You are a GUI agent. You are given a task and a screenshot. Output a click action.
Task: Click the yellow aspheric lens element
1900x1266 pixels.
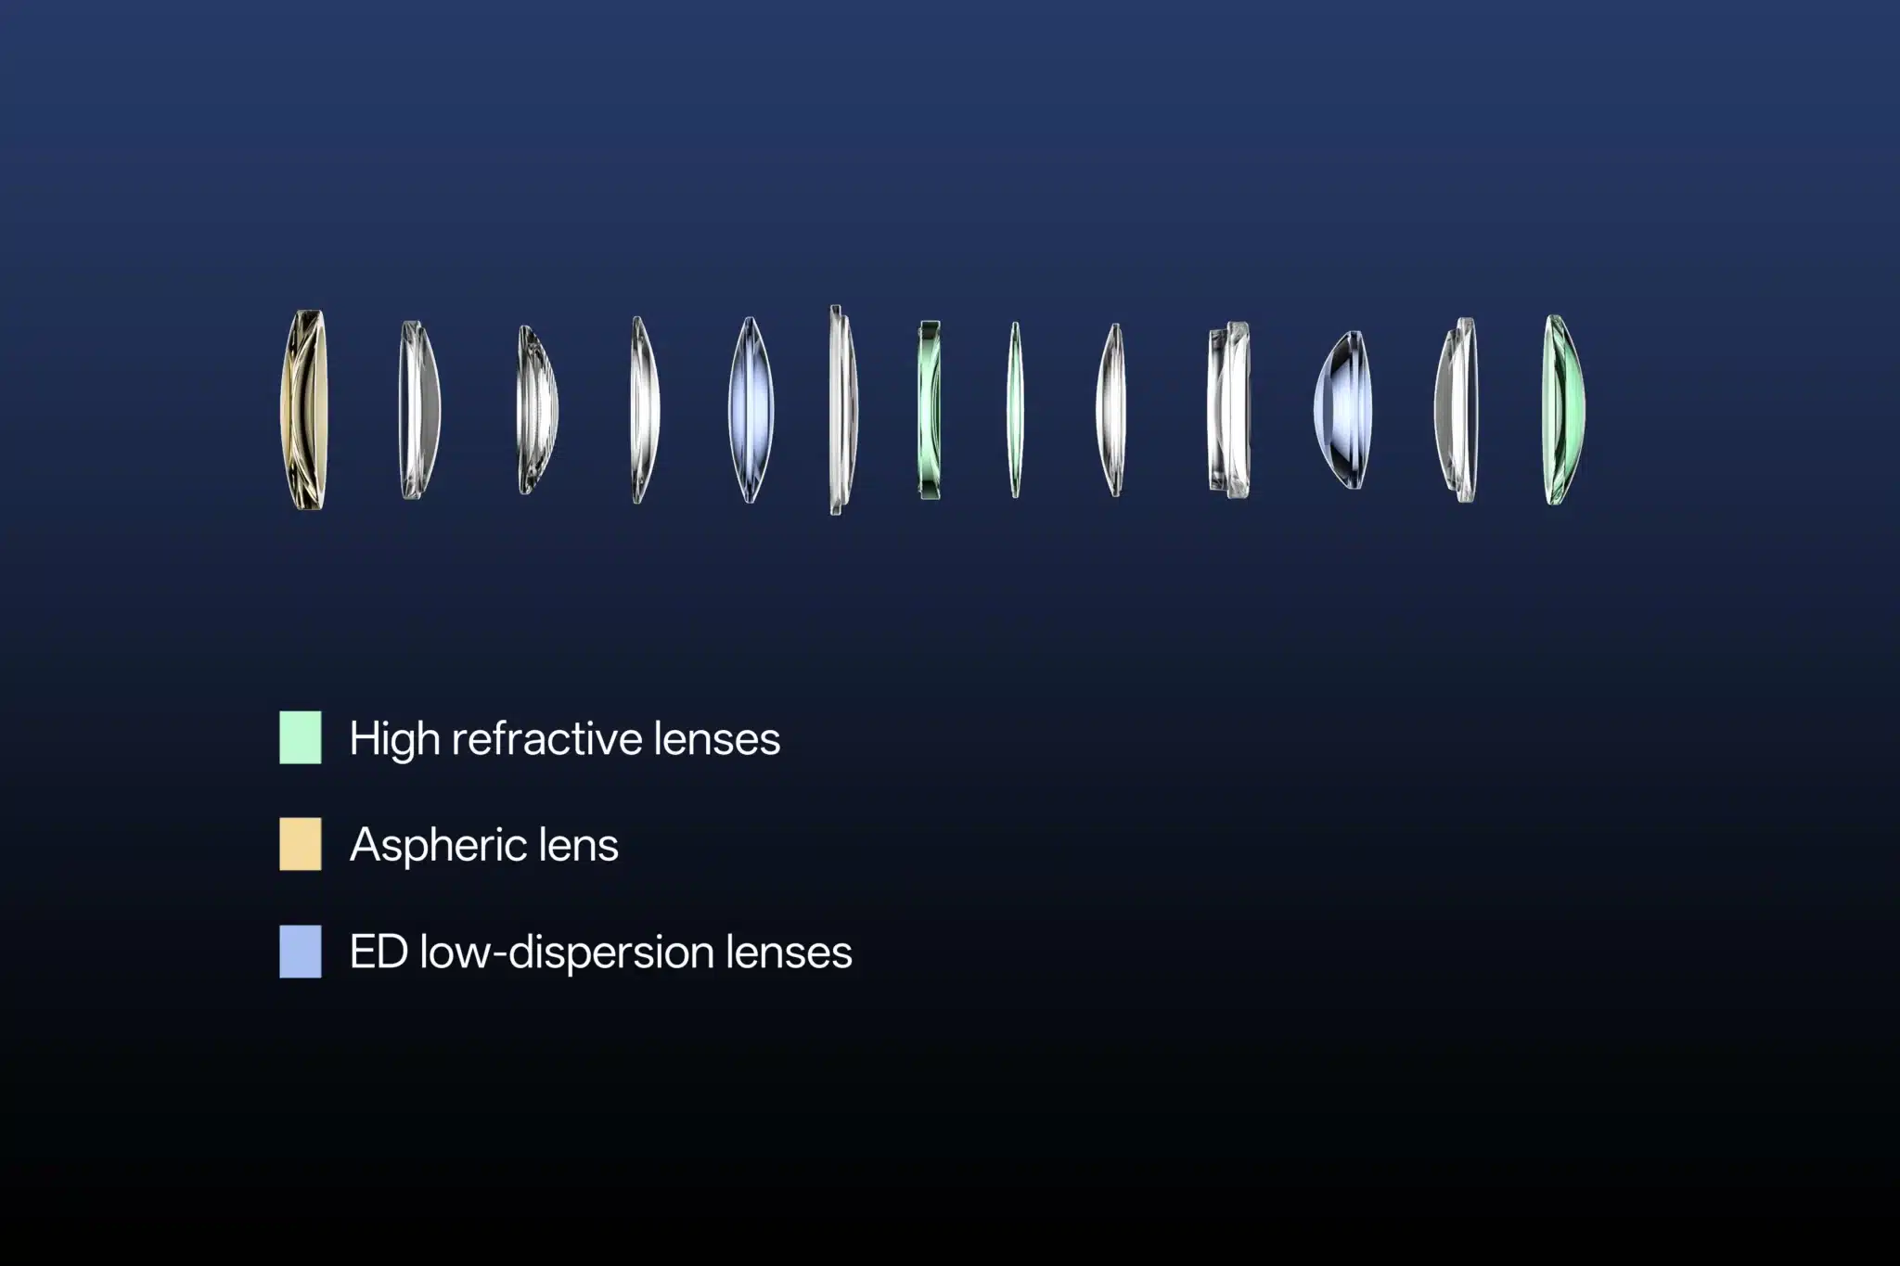pyautogui.click(x=303, y=410)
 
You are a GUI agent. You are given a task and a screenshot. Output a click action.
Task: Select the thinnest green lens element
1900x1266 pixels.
pyautogui.click(x=1015, y=410)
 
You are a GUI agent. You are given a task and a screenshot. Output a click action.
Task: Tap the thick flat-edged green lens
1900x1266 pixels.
pyautogui.click(x=930, y=410)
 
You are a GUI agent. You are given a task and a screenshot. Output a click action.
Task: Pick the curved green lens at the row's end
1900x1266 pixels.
pyautogui.click(x=1563, y=410)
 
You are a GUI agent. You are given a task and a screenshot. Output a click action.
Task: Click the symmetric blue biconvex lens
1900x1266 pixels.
pyautogui.click(x=751, y=410)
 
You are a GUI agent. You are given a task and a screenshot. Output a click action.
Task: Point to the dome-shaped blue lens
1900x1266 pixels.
pyautogui.click(x=1342, y=410)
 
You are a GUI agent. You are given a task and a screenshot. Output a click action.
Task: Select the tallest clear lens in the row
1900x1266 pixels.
pyautogui.click(x=842, y=410)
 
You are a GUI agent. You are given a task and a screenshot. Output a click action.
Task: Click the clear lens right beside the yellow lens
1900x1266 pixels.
pyautogui.click(x=419, y=410)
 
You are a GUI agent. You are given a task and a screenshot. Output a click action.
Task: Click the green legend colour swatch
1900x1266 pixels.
pyautogui.click(x=301, y=737)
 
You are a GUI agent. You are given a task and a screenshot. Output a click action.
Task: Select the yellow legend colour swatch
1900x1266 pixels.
pyautogui.click(x=301, y=844)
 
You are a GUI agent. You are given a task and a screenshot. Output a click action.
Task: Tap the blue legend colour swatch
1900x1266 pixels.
pyautogui.click(x=301, y=952)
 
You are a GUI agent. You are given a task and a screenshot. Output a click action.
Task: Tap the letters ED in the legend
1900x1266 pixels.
pyautogui.click(x=379, y=953)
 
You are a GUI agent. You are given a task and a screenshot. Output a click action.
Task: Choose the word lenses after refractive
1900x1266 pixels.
pyautogui.click(x=717, y=739)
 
